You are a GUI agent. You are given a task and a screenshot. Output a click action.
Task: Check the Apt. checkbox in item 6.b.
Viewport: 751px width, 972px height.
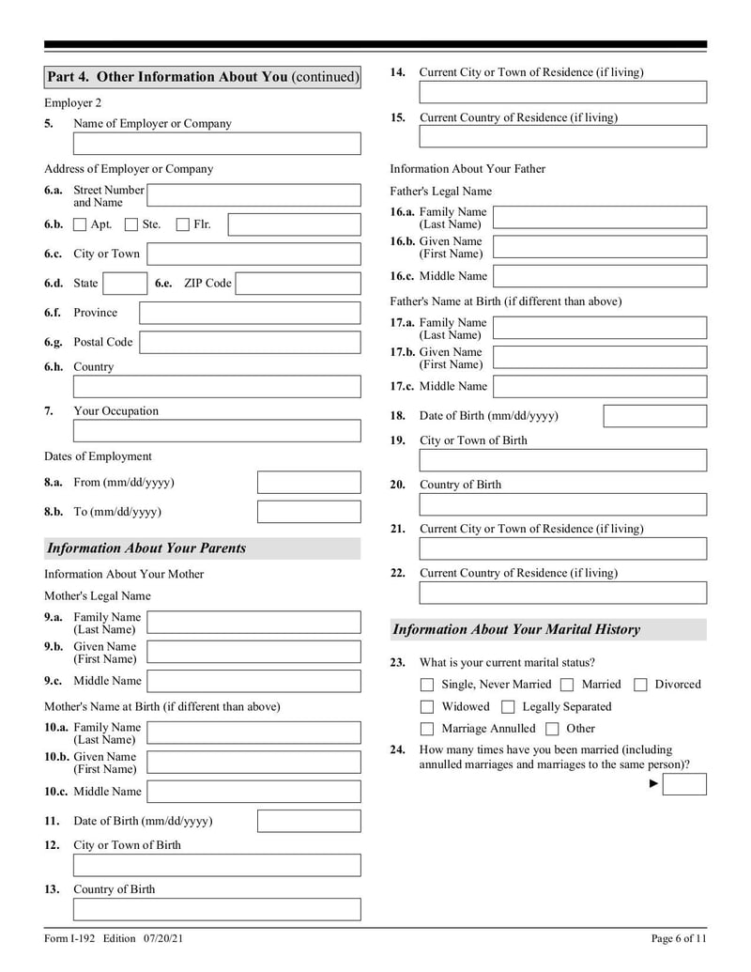point(80,224)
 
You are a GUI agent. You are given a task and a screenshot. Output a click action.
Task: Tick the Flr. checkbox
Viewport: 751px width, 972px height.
point(183,224)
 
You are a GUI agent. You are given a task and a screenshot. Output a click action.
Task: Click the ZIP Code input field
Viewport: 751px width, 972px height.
point(298,284)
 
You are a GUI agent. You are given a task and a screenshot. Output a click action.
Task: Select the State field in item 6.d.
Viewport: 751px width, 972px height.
point(124,284)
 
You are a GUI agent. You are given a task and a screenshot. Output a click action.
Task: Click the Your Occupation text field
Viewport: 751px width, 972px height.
point(217,431)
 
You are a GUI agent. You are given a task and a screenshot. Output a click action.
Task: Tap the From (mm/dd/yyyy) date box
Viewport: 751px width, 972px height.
point(309,483)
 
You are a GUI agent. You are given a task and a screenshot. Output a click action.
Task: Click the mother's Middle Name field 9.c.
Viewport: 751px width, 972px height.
point(253,681)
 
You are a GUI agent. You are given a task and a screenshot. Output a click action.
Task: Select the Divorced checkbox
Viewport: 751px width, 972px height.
point(640,685)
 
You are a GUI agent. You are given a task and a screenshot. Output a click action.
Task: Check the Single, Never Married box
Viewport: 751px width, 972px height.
point(427,685)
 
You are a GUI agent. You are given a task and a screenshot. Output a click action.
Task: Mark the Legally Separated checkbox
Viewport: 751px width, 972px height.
point(508,707)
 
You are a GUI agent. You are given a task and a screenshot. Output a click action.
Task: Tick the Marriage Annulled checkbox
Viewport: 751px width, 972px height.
point(427,729)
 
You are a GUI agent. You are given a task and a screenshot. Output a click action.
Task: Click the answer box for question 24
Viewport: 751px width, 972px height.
point(684,784)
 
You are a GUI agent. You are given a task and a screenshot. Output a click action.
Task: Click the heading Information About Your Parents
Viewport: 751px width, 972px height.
point(146,548)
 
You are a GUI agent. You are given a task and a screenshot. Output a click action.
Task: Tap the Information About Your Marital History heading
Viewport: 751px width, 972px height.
point(516,630)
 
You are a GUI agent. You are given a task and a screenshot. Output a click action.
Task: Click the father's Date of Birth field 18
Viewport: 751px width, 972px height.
point(654,416)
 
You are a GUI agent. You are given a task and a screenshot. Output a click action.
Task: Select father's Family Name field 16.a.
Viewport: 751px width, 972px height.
point(600,218)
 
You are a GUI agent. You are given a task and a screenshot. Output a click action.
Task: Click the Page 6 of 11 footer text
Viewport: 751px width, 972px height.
point(678,938)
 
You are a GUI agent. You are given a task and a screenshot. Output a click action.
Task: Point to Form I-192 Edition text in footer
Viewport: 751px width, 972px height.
point(104,938)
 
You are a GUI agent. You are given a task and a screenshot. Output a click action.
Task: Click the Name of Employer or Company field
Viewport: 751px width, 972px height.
point(217,144)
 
